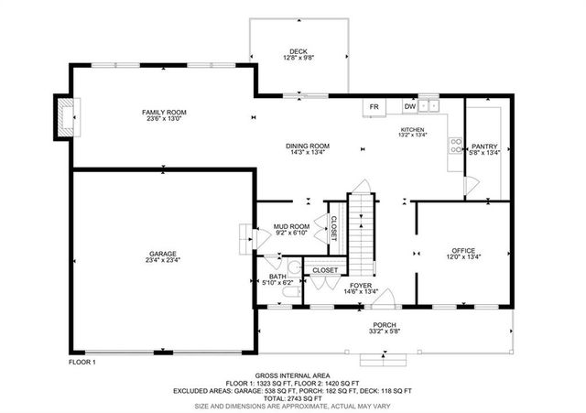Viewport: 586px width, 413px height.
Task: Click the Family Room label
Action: [164, 111]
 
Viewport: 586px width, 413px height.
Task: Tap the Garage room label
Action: [163, 254]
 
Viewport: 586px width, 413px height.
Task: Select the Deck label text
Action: [298, 51]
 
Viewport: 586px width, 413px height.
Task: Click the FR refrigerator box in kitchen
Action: [374, 106]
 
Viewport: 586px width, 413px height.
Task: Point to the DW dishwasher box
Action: [410, 106]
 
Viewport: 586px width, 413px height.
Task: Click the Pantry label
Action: [483, 147]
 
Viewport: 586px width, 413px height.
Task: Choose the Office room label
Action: [463, 250]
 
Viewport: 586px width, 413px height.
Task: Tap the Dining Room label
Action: [308, 147]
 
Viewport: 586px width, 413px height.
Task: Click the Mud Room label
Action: [293, 226]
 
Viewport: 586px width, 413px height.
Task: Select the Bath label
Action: [277, 276]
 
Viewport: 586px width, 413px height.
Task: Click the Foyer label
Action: [360, 286]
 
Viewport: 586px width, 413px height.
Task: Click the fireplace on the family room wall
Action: [64, 117]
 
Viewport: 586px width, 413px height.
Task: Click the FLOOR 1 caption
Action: [83, 363]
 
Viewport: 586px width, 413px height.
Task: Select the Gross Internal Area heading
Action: [292, 375]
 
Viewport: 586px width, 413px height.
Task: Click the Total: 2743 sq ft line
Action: [292, 397]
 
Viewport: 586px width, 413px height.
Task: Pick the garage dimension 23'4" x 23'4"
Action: [163, 260]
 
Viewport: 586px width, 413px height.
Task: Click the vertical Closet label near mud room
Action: [334, 229]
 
